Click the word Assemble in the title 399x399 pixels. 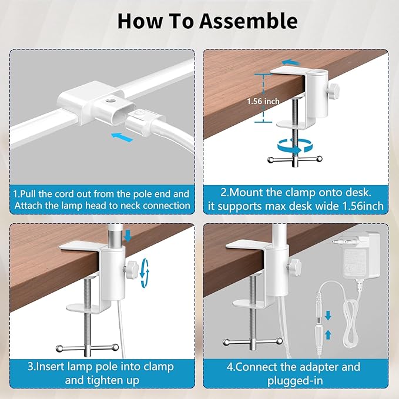click(x=247, y=21)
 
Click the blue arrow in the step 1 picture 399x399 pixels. click(x=122, y=136)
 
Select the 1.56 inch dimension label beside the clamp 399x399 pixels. click(x=246, y=101)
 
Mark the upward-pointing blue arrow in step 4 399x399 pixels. click(x=328, y=334)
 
